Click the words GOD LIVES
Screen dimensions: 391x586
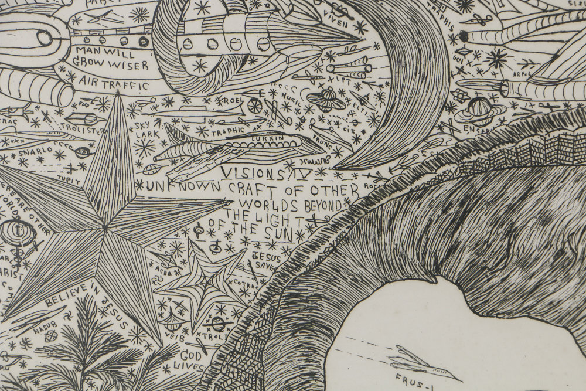click(190, 361)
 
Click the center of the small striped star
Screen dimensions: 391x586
click(205, 282)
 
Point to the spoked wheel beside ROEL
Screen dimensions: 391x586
click(255, 106)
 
